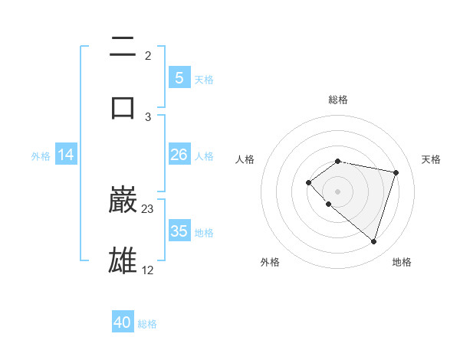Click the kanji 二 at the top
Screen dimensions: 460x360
click(x=123, y=48)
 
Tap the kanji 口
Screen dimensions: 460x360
click(x=123, y=106)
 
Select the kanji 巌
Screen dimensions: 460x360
click(x=123, y=200)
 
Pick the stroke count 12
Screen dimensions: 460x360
click(x=148, y=270)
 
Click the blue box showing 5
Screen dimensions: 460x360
click(x=179, y=77)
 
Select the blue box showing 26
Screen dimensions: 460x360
click(x=179, y=155)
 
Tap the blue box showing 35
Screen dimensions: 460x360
click(x=179, y=231)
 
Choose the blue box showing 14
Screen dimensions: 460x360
click(x=66, y=155)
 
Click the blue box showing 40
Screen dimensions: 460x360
click(x=123, y=322)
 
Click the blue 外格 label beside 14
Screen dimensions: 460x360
click(x=41, y=155)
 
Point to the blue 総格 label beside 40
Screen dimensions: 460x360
click(x=147, y=324)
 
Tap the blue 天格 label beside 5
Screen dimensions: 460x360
click(x=204, y=79)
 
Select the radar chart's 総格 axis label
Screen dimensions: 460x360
click(x=338, y=100)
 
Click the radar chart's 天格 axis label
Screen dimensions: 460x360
click(x=432, y=159)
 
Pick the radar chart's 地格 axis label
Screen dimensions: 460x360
click(x=402, y=262)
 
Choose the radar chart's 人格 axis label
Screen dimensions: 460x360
click(x=245, y=159)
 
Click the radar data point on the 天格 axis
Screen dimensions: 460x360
click(x=396, y=172)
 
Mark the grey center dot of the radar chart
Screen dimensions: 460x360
click(x=338, y=191)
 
